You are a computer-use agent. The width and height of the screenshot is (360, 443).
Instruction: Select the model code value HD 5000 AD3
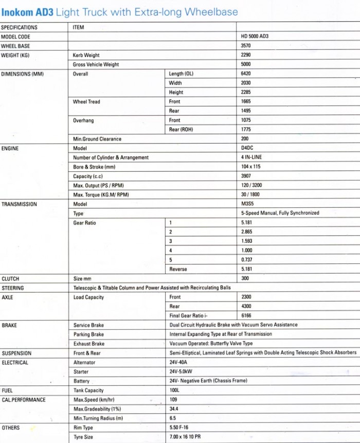coord(255,37)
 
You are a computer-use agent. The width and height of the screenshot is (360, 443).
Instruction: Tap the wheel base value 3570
coord(246,46)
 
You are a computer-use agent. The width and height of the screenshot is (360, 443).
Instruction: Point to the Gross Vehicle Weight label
coord(96,65)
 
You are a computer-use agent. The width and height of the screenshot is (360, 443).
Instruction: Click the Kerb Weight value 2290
coord(246,56)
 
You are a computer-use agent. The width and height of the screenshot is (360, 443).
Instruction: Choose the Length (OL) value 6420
coord(246,74)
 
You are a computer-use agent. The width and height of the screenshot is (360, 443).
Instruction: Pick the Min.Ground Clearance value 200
coord(244,139)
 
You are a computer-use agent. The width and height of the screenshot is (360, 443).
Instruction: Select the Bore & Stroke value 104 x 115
coord(250,167)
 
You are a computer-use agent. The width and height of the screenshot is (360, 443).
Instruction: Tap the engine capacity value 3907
coord(246,176)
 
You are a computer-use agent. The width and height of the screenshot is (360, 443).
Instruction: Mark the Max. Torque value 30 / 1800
coord(250,194)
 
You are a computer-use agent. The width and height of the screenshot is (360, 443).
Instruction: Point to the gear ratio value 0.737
coord(247,260)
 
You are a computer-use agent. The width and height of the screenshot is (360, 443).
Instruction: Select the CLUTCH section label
coord(10,279)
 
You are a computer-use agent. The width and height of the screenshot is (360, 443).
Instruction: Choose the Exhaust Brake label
coord(88,344)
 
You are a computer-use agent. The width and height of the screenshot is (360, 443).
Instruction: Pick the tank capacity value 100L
coord(174,391)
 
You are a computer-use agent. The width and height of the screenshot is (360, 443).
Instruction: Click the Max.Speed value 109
coord(173,400)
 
